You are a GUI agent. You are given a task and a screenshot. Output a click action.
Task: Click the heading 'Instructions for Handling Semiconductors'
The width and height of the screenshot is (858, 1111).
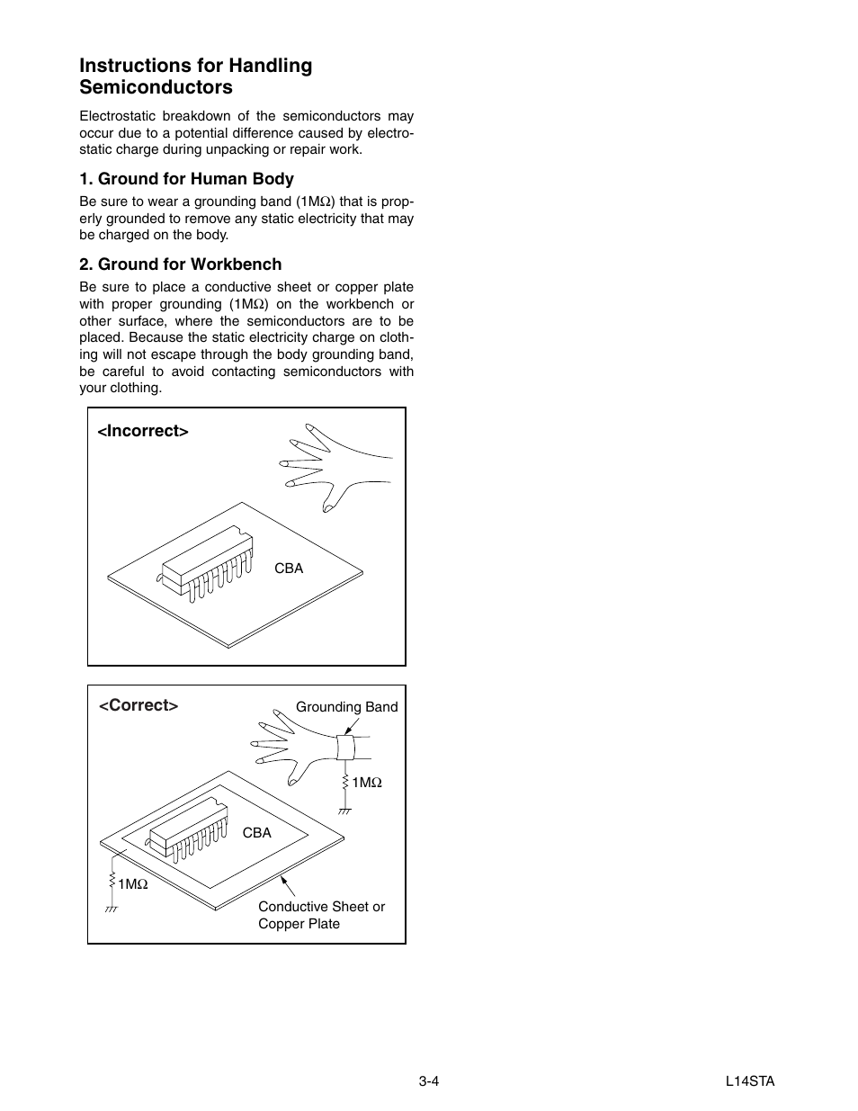pos(195,76)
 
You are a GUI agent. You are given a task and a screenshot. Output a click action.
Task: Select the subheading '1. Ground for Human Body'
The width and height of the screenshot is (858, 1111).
pos(186,179)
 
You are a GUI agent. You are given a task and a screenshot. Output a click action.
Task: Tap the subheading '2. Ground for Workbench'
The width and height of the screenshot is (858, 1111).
pos(180,264)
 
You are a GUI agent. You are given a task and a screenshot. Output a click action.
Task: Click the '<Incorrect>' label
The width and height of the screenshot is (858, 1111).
pos(143,431)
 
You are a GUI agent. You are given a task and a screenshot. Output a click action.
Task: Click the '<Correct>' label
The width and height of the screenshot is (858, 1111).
pos(139,705)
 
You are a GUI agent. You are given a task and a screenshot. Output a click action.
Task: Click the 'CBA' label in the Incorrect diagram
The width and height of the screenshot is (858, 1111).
pos(289,569)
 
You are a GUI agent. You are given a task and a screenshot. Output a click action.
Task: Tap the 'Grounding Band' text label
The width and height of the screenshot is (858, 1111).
pos(346,707)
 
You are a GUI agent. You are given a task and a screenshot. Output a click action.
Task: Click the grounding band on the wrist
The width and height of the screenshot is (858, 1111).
pos(344,748)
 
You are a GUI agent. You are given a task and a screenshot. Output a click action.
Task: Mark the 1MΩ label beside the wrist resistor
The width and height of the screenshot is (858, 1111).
pos(367,784)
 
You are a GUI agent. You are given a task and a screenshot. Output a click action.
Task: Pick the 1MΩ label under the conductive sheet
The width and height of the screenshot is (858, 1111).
pos(133,884)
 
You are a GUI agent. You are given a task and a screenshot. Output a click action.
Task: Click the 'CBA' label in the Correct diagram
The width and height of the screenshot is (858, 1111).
pos(256,833)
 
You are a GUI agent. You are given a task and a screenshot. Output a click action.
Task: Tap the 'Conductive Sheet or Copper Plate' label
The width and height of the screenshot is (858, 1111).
pos(321,915)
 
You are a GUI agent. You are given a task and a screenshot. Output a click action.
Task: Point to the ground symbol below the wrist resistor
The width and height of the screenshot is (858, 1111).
pos(344,811)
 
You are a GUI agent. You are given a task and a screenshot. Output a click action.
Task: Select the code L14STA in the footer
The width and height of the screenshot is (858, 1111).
pos(750,1081)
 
